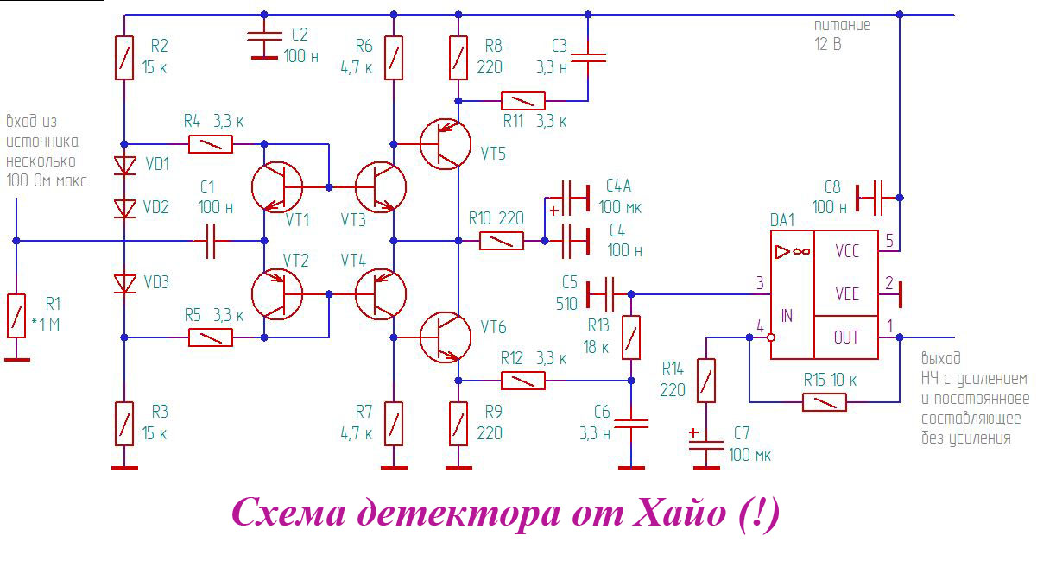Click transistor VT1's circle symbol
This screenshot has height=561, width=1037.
click(276, 186)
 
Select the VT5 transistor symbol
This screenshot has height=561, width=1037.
click(445, 143)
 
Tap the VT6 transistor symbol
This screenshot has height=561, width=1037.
click(445, 337)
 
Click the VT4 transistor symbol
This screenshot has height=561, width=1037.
click(380, 294)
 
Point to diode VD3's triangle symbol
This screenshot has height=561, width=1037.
click(125, 283)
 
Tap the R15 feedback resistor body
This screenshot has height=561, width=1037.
click(825, 402)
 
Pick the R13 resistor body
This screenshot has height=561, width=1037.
click(632, 337)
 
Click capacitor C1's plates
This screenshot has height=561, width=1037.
click(211, 241)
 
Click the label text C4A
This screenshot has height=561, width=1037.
click(618, 186)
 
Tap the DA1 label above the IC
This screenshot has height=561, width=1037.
click(782, 220)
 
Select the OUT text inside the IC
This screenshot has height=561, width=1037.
click(847, 337)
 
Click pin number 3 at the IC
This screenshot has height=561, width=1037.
click(759, 283)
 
